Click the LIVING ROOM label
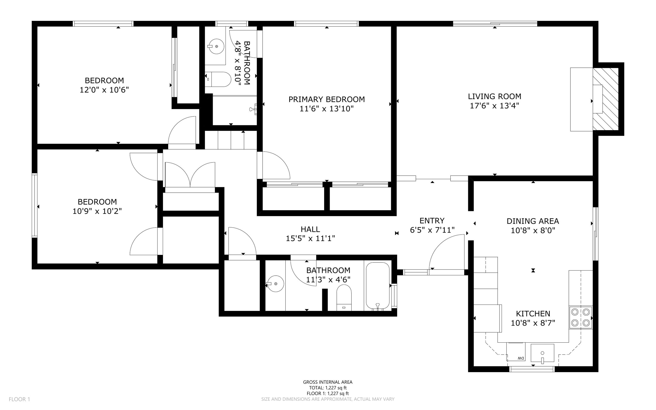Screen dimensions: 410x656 click(x=494, y=96)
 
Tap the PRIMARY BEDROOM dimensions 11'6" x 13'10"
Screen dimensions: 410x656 click(x=326, y=109)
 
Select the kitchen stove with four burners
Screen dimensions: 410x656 click(x=581, y=317)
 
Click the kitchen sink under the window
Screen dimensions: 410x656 click(x=542, y=354)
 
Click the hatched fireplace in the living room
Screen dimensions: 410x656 click(x=605, y=99)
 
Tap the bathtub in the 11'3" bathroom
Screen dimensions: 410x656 click(x=378, y=286)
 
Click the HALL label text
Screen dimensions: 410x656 click(x=310, y=229)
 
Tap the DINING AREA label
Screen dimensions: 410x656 click(x=533, y=221)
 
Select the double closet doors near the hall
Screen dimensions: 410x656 click(x=190, y=175)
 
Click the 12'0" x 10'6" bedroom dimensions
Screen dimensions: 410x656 click(x=104, y=90)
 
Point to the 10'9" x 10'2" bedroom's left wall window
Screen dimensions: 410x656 click(x=35, y=205)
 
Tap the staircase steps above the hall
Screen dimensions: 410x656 click(x=231, y=140)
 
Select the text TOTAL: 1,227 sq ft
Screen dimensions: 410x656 click(x=328, y=388)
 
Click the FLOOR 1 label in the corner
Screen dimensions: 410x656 click(x=19, y=399)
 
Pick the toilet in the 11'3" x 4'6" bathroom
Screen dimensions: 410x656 click(x=344, y=298)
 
